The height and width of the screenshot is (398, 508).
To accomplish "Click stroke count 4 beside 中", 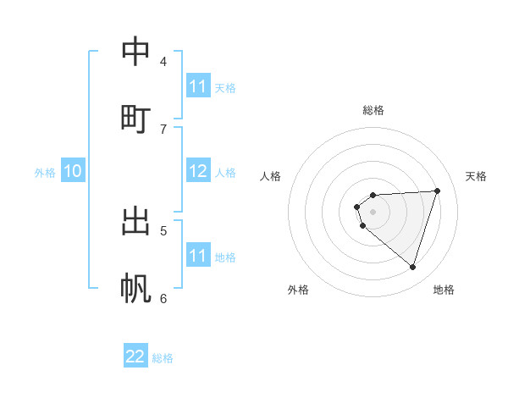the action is [x=163, y=62].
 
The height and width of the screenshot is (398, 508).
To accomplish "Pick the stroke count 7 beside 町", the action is [x=163, y=129].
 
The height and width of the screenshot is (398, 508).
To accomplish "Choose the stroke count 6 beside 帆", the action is [x=163, y=298].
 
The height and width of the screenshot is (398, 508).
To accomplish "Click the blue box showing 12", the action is [x=198, y=172].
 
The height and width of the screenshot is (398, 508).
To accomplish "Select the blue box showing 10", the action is [x=73, y=172].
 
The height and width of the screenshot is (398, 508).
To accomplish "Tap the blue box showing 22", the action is [x=135, y=357].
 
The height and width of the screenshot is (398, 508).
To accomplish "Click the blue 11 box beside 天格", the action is [x=198, y=86].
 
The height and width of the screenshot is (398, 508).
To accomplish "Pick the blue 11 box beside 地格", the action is [x=198, y=256].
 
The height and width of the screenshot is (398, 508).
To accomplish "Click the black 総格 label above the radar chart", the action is [x=373, y=110].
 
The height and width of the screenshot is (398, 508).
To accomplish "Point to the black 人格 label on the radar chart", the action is [x=271, y=176].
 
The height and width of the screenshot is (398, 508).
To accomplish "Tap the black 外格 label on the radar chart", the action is [x=298, y=290].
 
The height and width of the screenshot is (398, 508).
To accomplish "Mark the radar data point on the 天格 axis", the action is [x=437, y=191].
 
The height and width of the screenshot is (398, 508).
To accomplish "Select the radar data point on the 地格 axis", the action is [x=412, y=267].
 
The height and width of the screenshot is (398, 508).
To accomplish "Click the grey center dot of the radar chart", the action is [x=373, y=211].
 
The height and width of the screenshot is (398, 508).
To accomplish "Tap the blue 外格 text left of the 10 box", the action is [x=45, y=173].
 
